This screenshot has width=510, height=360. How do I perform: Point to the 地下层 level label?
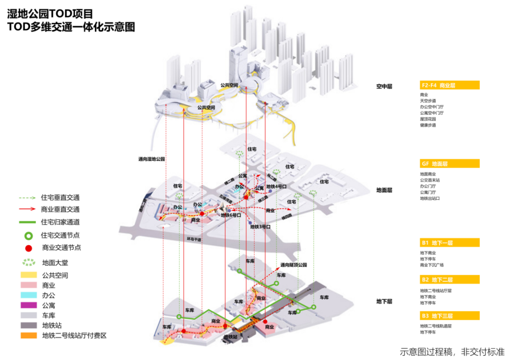tap(384, 301)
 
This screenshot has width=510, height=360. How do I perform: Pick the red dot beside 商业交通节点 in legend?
tap(28, 248)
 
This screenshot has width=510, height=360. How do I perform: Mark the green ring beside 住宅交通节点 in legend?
tap(28, 235)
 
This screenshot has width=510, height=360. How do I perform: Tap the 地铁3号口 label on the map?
tap(260, 227)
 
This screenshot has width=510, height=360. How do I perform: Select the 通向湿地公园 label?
tap(152, 159)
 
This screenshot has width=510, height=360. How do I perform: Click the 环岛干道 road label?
tap(194, 240)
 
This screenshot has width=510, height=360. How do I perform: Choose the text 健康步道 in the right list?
tap(428, 125)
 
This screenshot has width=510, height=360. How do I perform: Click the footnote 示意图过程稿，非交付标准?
tap(452, 352)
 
